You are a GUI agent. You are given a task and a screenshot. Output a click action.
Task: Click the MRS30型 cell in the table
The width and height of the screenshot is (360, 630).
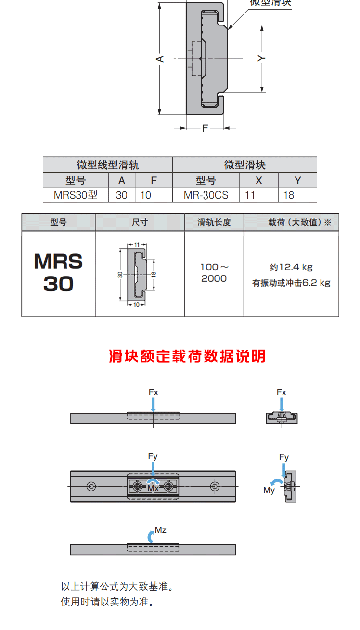click(76, 195)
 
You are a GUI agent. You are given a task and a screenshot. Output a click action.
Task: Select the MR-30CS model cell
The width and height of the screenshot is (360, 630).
click(206, 195)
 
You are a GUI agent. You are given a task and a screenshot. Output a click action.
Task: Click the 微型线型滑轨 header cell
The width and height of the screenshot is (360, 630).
click(108, 165)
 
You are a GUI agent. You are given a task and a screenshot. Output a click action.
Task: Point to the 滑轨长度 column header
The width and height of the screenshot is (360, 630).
click(214, 223)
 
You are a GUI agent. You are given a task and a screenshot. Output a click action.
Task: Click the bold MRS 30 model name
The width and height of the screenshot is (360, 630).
click(58, 273)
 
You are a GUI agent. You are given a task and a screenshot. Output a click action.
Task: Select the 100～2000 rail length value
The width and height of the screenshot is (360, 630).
click(214, 273)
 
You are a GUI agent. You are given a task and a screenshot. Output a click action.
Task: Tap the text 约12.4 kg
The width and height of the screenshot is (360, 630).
click(291, 267)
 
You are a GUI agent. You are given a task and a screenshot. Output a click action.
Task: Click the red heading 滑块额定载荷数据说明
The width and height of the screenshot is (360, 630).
click(187, 356)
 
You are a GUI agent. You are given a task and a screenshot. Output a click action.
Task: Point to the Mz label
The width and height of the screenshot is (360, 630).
click(161, 530)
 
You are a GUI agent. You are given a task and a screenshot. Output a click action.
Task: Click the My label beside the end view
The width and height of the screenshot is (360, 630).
click(269, 490)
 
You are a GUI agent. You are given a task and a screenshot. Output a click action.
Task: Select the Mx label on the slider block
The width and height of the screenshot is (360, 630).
click(153, 488)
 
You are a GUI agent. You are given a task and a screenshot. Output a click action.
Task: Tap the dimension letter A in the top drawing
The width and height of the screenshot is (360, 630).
click(161, 59)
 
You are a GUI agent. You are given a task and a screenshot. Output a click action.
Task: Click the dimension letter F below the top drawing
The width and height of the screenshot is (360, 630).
click(205, 128)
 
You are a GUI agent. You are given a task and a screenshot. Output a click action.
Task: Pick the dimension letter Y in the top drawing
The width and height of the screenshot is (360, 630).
click(261, 58)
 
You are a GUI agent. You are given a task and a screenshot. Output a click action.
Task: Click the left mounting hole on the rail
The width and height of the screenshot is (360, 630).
click(91, 486)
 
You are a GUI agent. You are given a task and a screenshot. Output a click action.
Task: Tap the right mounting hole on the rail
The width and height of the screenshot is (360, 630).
click(215, 486)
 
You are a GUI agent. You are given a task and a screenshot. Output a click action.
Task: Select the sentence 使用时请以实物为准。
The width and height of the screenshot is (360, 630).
click(107, 602)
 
